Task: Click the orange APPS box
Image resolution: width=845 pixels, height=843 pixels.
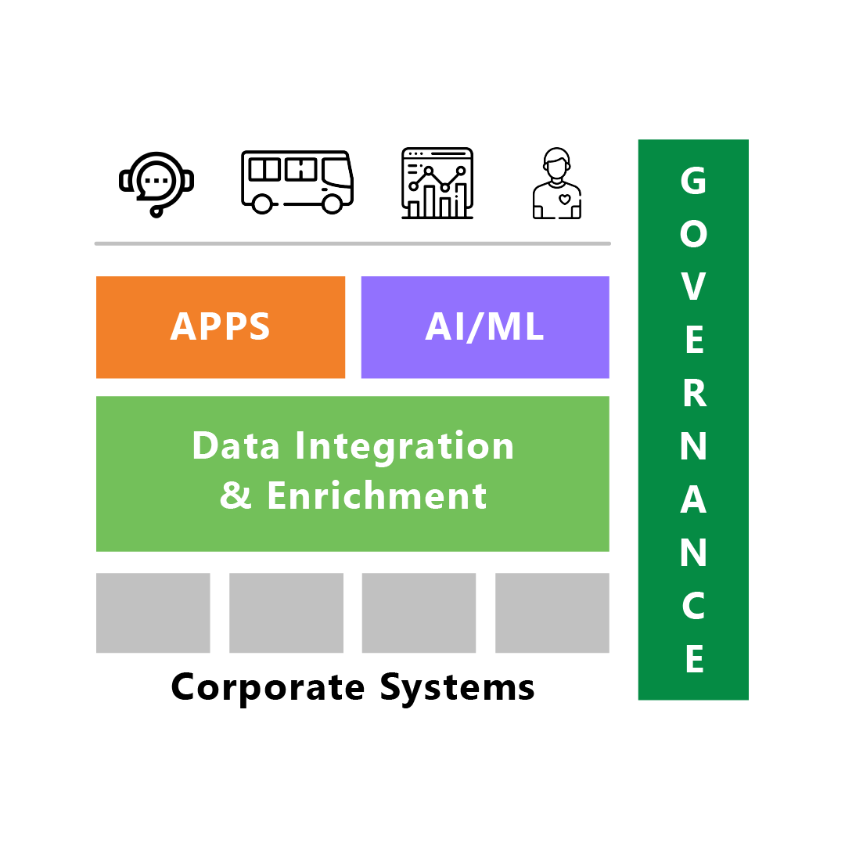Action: coord(221,327)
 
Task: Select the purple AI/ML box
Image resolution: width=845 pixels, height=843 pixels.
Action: coord(484,327)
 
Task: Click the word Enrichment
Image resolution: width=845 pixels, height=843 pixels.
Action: coord(377,496)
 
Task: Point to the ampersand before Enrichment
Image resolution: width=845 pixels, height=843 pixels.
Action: coord(236,496)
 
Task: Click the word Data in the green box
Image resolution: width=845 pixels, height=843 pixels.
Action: coord(236,446)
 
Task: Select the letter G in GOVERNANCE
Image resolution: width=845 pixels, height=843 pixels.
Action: coord(693,182)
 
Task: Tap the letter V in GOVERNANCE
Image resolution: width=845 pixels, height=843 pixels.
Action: coord(693,288)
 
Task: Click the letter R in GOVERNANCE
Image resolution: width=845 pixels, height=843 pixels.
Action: coord(693,394)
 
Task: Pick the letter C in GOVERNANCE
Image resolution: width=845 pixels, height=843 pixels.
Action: coord(693,607)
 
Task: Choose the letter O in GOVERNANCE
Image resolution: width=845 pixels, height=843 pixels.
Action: coord(693,235)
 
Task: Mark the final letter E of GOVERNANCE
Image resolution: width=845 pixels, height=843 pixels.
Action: coord(693,660)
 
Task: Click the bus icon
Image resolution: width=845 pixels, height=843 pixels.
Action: coord(297,182)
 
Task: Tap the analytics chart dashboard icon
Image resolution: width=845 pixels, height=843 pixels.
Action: coord(437,182)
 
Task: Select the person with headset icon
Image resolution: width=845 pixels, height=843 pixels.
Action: coord(556,184)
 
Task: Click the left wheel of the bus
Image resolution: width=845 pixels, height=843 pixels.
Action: coord(263,204)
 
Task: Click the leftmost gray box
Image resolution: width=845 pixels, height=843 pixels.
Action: coord(153,613)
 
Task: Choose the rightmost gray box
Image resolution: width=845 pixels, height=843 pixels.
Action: coord(552,613)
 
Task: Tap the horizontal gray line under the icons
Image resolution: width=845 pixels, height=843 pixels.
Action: coord(352,243)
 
